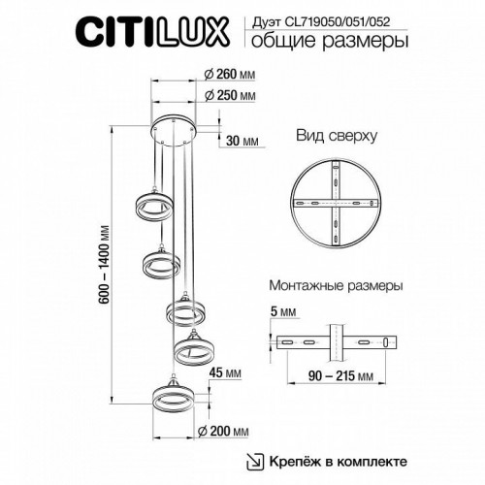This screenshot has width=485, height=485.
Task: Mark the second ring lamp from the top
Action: coord(162,264)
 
